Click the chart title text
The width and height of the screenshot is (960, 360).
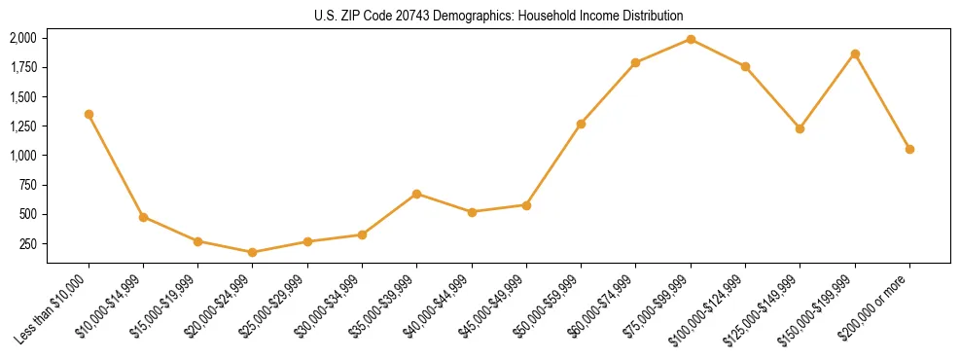click(x=498, y=16)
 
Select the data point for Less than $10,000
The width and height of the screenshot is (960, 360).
click(x=89, y=114)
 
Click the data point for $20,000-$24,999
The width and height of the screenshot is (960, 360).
click(x=253, y=252)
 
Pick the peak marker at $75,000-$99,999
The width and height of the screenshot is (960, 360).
click(x=691, y=39)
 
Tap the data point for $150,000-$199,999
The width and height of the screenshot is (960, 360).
click(x=855, y=54)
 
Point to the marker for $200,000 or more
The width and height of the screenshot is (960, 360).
click(x=909, y=149)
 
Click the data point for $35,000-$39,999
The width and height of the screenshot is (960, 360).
click(x=416, y=194)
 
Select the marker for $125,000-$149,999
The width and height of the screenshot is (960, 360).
click(x=800, y=128)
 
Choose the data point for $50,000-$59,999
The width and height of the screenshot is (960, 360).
click(x=581, y=124)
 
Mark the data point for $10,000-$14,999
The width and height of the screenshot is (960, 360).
click(x=143, y=217)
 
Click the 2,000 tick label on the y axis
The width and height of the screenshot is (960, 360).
click(x=22, y=38)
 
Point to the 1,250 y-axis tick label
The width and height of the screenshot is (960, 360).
click(x=22, y=126)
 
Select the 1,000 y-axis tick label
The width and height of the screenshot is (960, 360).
click(x=22, y=156)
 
